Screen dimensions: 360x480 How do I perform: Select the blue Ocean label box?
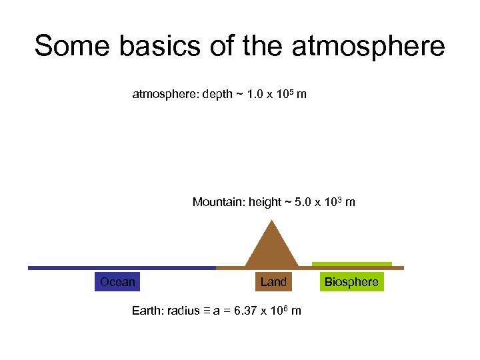click(x=117, y=282)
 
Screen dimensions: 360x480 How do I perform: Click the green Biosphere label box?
click(x=351, y=282)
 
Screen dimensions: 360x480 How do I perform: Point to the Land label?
click(x=273, y=282)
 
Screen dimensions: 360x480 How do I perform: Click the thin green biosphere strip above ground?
click(x=351, y=263)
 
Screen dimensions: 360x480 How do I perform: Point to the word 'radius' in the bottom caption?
click(x=184, y=311)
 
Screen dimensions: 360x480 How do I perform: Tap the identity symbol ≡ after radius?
click(x=207, y=311)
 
